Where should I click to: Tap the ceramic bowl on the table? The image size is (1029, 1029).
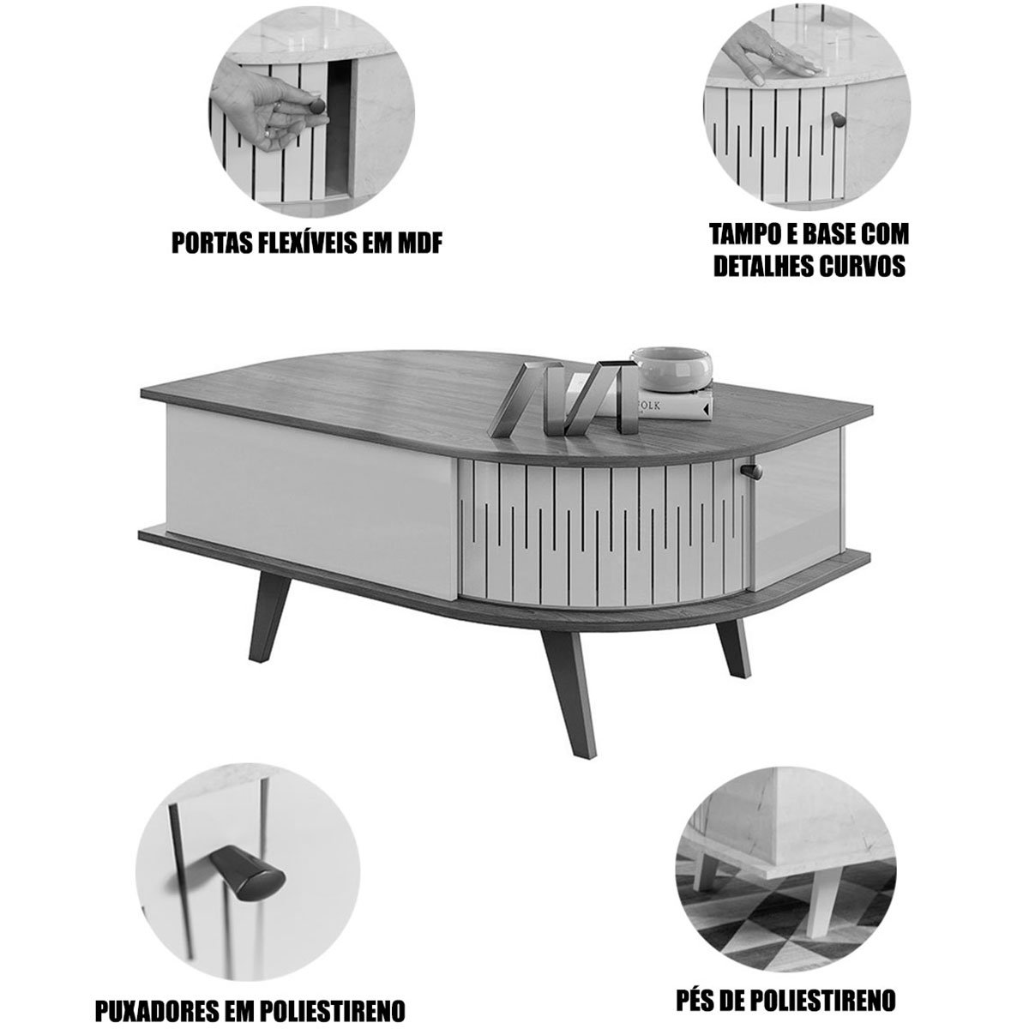[x=671, y=368]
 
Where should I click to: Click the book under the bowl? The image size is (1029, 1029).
[x=674, y=404]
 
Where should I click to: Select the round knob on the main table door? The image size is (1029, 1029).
[x=751, y=471]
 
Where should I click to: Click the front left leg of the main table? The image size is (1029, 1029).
[x=268, y=617]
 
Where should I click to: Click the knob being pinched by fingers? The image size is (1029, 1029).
[x=316, y=105]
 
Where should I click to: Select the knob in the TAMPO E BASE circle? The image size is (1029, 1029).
[x=838, y=118]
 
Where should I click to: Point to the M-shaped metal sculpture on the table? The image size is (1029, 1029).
[x=565, y=398]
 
